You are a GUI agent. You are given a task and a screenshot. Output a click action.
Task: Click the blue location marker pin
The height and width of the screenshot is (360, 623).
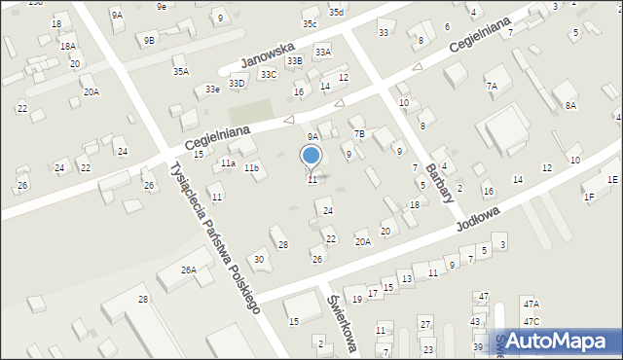[x=311, y=156]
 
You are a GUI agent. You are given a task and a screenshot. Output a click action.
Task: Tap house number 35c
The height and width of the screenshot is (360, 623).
[x=310, y=23]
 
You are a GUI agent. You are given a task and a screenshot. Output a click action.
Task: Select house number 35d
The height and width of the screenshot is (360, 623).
[x=336, y=12]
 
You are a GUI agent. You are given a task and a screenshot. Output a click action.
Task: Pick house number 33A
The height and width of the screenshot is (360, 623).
[x=322, y=52]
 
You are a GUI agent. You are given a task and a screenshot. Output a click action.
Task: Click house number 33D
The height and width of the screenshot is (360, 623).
[x=237, y=84]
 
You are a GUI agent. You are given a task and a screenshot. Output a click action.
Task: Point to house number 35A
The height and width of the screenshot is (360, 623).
[x=181, y=71]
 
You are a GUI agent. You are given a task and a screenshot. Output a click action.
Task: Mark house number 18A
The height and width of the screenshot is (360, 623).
[x=67, y=46]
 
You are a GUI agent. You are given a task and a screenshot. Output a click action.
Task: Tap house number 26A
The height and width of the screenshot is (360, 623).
[x=188, y=270]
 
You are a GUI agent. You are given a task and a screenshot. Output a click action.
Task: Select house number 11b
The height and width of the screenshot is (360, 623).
[x=251, y=168]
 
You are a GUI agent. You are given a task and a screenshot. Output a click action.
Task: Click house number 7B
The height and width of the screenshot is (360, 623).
[x=358, y=133]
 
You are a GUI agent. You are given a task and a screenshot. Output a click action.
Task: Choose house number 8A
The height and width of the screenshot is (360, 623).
[x=570, y=105]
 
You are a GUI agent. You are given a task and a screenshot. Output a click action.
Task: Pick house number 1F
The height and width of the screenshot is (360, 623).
[x=589, y=198]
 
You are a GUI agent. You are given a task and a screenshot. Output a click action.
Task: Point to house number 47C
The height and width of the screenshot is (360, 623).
[x=531, y=321]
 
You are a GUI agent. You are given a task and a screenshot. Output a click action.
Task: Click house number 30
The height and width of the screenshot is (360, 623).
[x=258, y=259]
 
